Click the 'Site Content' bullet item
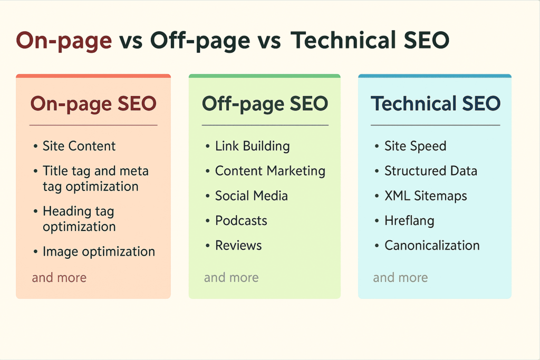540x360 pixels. pos(79,146)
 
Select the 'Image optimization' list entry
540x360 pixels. pos(99,251)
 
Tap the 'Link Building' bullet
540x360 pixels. pos(253,147)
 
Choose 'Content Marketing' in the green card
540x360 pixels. pos(270,171)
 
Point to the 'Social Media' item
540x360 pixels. pos(252,196)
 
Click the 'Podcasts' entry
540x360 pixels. pos(241,221)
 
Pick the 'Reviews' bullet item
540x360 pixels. pos(238,246)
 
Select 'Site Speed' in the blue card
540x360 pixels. pos(416,147)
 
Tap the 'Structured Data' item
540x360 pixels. pos(431,171)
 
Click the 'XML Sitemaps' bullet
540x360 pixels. pos(426,196)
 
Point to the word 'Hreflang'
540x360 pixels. pos(409,221)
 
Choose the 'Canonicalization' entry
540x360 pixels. pos(432,246)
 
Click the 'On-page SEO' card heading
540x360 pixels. pos(93,104)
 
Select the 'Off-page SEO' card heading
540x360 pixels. pos(265,104)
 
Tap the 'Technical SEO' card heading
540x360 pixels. pos(435,103)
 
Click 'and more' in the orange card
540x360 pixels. pos(59,277)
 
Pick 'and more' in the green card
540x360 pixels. pos(231,277)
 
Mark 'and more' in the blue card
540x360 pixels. pos(401,277)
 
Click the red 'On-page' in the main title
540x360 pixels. pos(64,41)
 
